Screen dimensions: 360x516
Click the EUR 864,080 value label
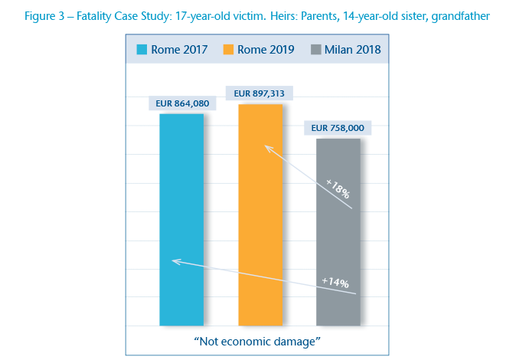pyautogui.click(x=181, y=103)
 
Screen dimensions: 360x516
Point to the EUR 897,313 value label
pyautogui.click(x=260, y=93)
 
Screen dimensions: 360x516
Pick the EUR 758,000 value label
pyautogui.click(x=338, y=128)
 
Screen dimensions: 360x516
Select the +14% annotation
pyautogui.click(x=335, y=283)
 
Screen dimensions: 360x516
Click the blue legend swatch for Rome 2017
pyautogui.click(x=142, y=51)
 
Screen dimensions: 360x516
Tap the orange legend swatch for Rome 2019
pyautogui.click(x=227, y=51)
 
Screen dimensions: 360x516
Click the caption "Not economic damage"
pyautogui.click(x=257, y=340)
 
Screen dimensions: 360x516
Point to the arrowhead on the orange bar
pyautogui.click(x=266, y=146)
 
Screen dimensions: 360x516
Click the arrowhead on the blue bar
pyautogui.click(x=174, y=261)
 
